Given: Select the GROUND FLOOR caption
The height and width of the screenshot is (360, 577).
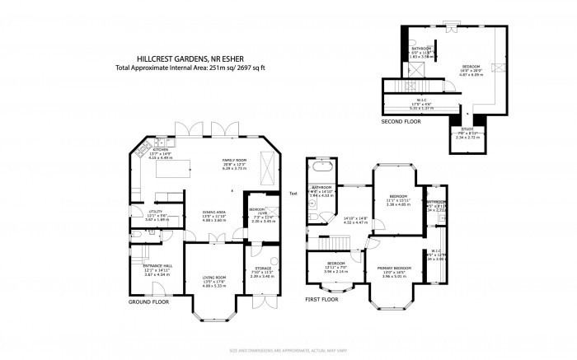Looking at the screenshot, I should click(148, 302).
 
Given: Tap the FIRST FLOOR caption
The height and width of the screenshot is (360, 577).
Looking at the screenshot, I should click(322, 300).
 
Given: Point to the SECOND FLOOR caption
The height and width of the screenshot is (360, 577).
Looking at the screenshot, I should click(401, 121).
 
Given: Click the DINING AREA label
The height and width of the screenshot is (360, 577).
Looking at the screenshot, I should click(214, 213).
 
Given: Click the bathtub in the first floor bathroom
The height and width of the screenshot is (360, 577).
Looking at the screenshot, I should click(319, 175).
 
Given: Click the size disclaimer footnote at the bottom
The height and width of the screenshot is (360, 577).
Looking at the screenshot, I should click(288, 352).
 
